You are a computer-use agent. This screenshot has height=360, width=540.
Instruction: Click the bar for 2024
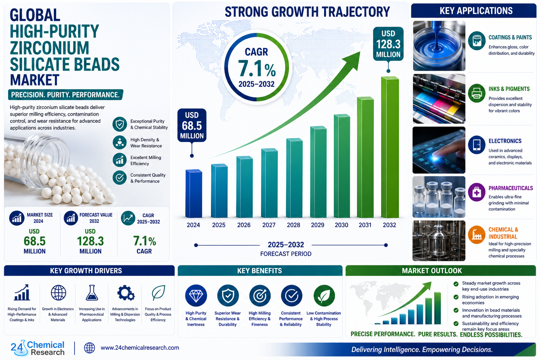[194, 194]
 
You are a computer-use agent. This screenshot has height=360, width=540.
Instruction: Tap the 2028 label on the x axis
[294, 225]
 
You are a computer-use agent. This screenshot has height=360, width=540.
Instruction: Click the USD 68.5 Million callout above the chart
[192, 126]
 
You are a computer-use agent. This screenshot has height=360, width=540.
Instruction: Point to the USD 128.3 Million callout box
[388, 44]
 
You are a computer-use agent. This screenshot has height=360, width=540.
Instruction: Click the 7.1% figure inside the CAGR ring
[257, 69]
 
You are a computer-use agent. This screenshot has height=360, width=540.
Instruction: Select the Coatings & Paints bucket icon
[477, 40]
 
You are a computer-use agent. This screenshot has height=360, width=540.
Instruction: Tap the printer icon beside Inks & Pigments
[477, 93]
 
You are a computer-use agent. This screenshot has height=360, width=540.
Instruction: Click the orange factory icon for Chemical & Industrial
[477, 234]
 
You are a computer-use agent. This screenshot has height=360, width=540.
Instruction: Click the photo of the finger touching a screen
[439, 150]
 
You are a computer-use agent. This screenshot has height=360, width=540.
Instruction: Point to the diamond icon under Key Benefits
[196, 296]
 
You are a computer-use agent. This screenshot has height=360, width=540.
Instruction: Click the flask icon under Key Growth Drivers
[92, 293]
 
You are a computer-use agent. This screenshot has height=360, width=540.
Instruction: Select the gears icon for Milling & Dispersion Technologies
[126, 293]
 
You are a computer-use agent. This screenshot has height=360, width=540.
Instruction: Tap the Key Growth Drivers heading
[86, 271]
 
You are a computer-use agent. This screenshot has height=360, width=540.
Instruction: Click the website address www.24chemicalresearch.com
[140, 348]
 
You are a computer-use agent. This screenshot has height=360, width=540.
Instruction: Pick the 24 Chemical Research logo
[38, 348]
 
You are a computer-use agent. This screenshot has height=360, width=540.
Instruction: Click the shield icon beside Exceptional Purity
[120, 124]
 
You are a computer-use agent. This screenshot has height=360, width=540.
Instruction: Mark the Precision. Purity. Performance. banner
[66, 95]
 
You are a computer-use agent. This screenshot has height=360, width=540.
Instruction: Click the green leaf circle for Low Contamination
[324, 296]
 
